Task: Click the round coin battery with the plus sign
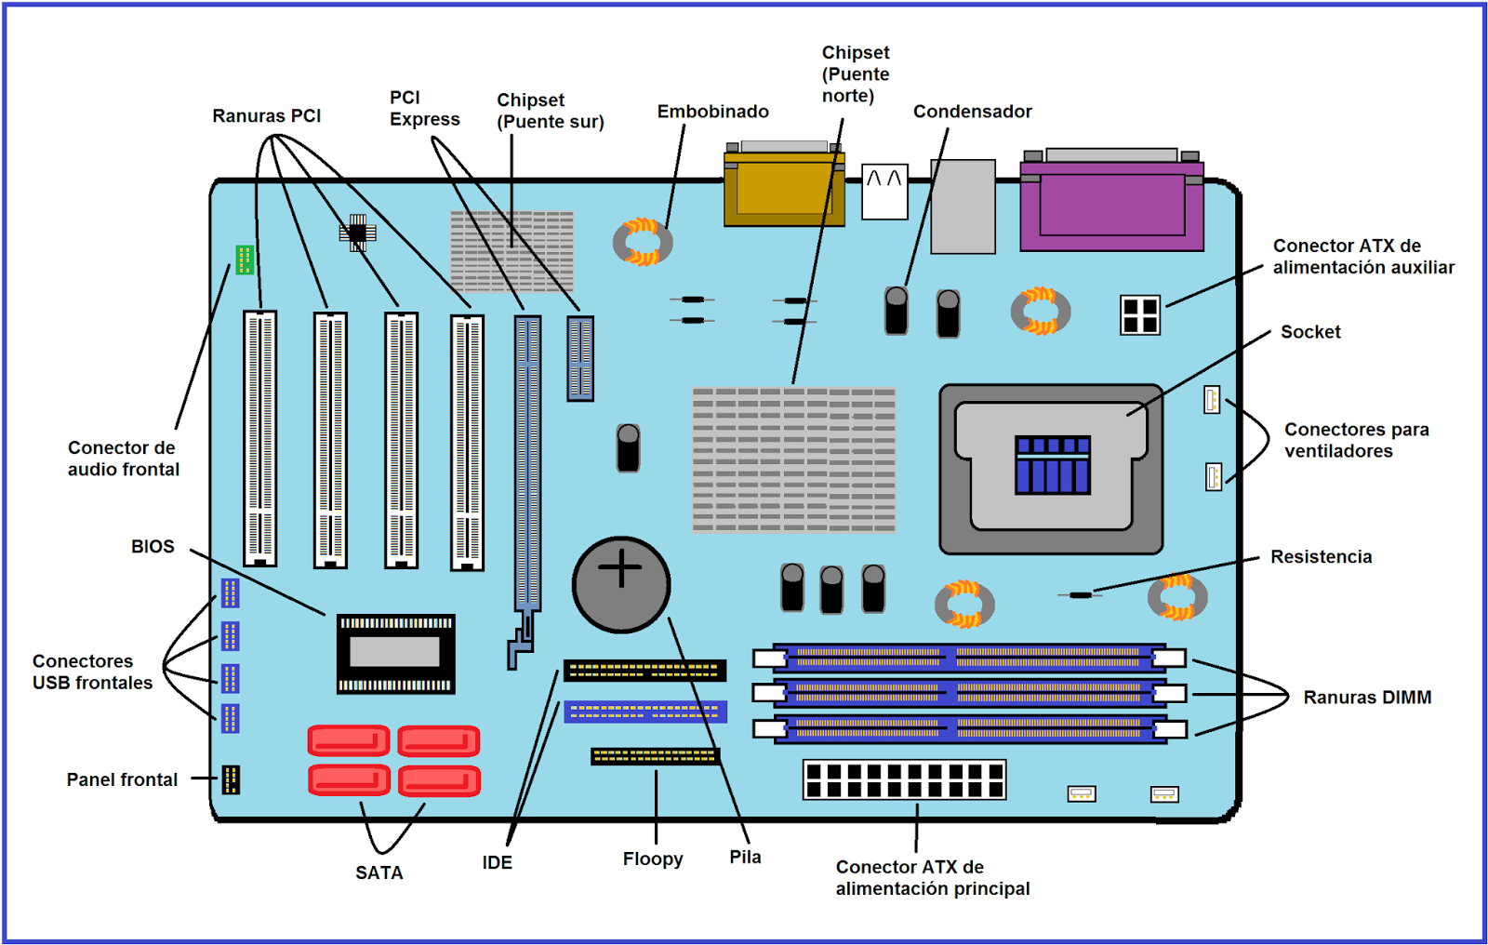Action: click(x=621, y=585)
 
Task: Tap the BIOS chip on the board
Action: click(x=395, y=653)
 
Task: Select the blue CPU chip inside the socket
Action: click(x=1052, y=464)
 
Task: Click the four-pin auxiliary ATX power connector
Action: click(x=1140, y=315)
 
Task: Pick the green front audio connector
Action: click(x=245, y=260)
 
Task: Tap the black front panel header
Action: click(x=231, y=779)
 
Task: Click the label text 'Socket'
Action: click(x=1310, y=332)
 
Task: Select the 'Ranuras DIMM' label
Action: click(x=1367, y=698)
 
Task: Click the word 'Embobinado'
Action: click(x=713, y=112)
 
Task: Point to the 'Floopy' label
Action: click(x=653, y=858)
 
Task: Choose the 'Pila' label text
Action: click(x=745, y=857)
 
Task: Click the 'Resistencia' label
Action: click(x=1321, y=557)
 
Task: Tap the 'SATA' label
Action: click(x=379, y=872)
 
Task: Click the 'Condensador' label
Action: click(x=973, y=112)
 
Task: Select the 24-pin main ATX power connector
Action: click(x=904, y=780)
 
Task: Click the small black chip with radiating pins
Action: click(x=357, y=233)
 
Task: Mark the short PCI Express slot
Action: click(x=580, y=358)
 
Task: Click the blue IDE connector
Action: click(x=644, y=712)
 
